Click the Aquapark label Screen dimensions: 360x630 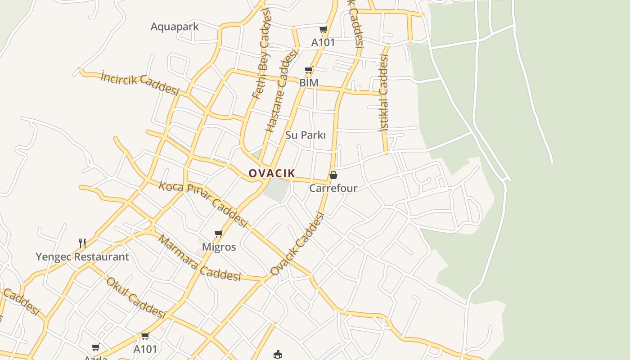coord(174,27)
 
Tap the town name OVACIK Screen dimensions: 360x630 coord(272,173)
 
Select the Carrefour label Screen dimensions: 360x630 coord(333,188)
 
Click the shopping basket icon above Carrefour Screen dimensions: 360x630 coord(333,175)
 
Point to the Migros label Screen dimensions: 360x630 coord(219,247)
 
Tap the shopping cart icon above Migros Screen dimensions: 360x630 coord(219,234)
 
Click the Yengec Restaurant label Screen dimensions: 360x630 coord(82,257)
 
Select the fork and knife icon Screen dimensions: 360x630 coord(82,243)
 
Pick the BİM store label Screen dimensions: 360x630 coord(309,83)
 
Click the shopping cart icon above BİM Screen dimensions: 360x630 coord(309,70)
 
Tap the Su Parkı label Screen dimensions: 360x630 coord(306,135)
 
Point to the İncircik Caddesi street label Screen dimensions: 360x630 coord(140,83)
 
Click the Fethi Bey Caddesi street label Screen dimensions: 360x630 coord(263,53)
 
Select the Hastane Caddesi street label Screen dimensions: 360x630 coord(282,90)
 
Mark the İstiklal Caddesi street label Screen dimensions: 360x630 coord(383,92)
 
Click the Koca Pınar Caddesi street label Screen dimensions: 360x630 coord(203,204)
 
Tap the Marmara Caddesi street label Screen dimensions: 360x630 coord(199,258)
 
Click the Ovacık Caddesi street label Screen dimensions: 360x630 coord(297,244)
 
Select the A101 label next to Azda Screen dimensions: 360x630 coord(145,349)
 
